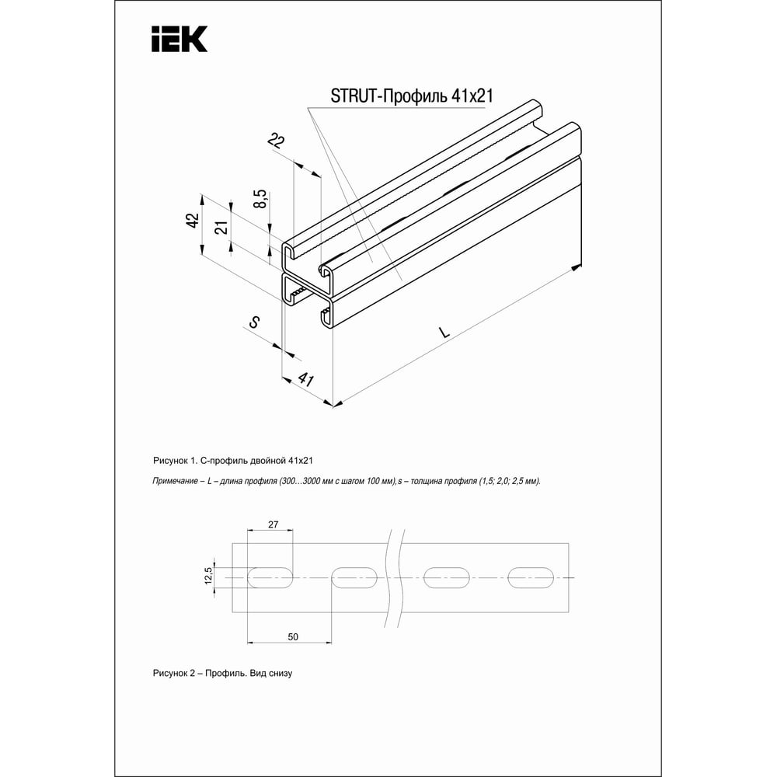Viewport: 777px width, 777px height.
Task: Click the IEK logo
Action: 179,38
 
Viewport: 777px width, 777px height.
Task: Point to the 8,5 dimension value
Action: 261,199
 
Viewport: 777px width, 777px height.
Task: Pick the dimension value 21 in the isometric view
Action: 221,228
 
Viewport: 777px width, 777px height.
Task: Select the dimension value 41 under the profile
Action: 305,380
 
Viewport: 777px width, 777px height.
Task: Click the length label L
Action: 444,332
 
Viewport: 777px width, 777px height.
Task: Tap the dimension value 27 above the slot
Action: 273,525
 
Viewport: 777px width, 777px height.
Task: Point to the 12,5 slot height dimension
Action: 207,577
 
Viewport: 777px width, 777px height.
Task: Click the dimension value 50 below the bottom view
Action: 293,637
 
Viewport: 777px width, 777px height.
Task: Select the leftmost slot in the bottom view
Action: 270,577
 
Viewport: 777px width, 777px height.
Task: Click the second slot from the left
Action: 355,577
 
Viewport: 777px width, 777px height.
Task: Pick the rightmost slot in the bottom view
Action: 531,577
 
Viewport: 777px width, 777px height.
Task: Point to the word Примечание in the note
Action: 176,482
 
